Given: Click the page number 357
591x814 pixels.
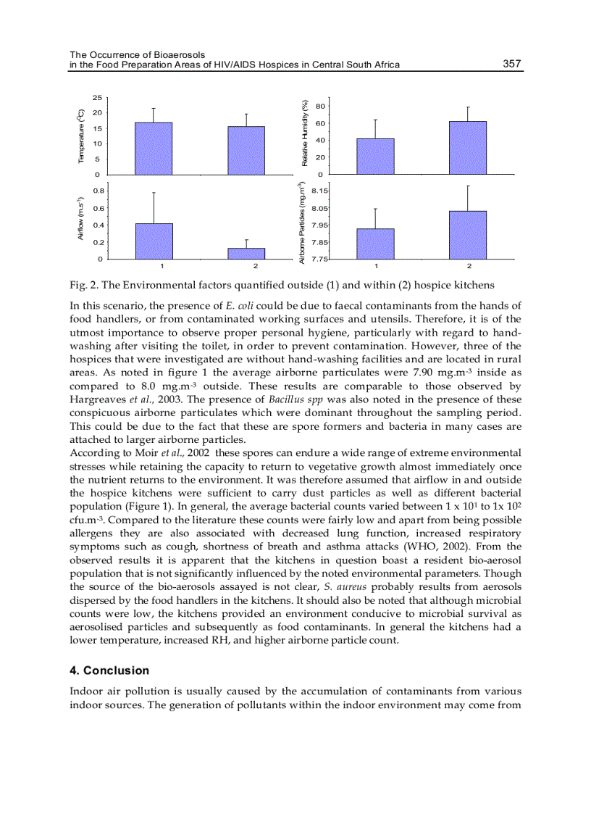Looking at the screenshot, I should (x=512, y=64).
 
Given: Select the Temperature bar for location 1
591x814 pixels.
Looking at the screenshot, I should (x=154, y=149).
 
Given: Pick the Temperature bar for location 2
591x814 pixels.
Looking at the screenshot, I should (x=246, y=151).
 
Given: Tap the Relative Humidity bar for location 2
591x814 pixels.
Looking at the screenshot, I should (x=468, y=148).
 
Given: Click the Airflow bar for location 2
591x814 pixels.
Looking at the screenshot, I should (x=246, y=254).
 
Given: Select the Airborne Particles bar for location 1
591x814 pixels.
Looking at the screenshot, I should (x=375, y=244).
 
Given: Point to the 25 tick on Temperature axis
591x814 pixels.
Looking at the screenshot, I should (x=97, y=97).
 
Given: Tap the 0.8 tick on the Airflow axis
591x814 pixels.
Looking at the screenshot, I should (x=98, y=191).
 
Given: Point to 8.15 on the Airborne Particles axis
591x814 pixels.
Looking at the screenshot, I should (x=320, y=191).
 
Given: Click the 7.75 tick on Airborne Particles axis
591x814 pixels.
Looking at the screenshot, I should (x=320, y=259).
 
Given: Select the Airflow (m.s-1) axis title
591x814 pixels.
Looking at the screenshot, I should (x=82, y=221).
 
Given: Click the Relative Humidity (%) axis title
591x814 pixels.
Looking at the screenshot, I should (x=305, y=132).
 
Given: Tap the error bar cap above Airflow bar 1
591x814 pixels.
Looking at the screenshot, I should (x=154, y=192).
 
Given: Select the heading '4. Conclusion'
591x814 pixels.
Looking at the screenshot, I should (x=109, y=670).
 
